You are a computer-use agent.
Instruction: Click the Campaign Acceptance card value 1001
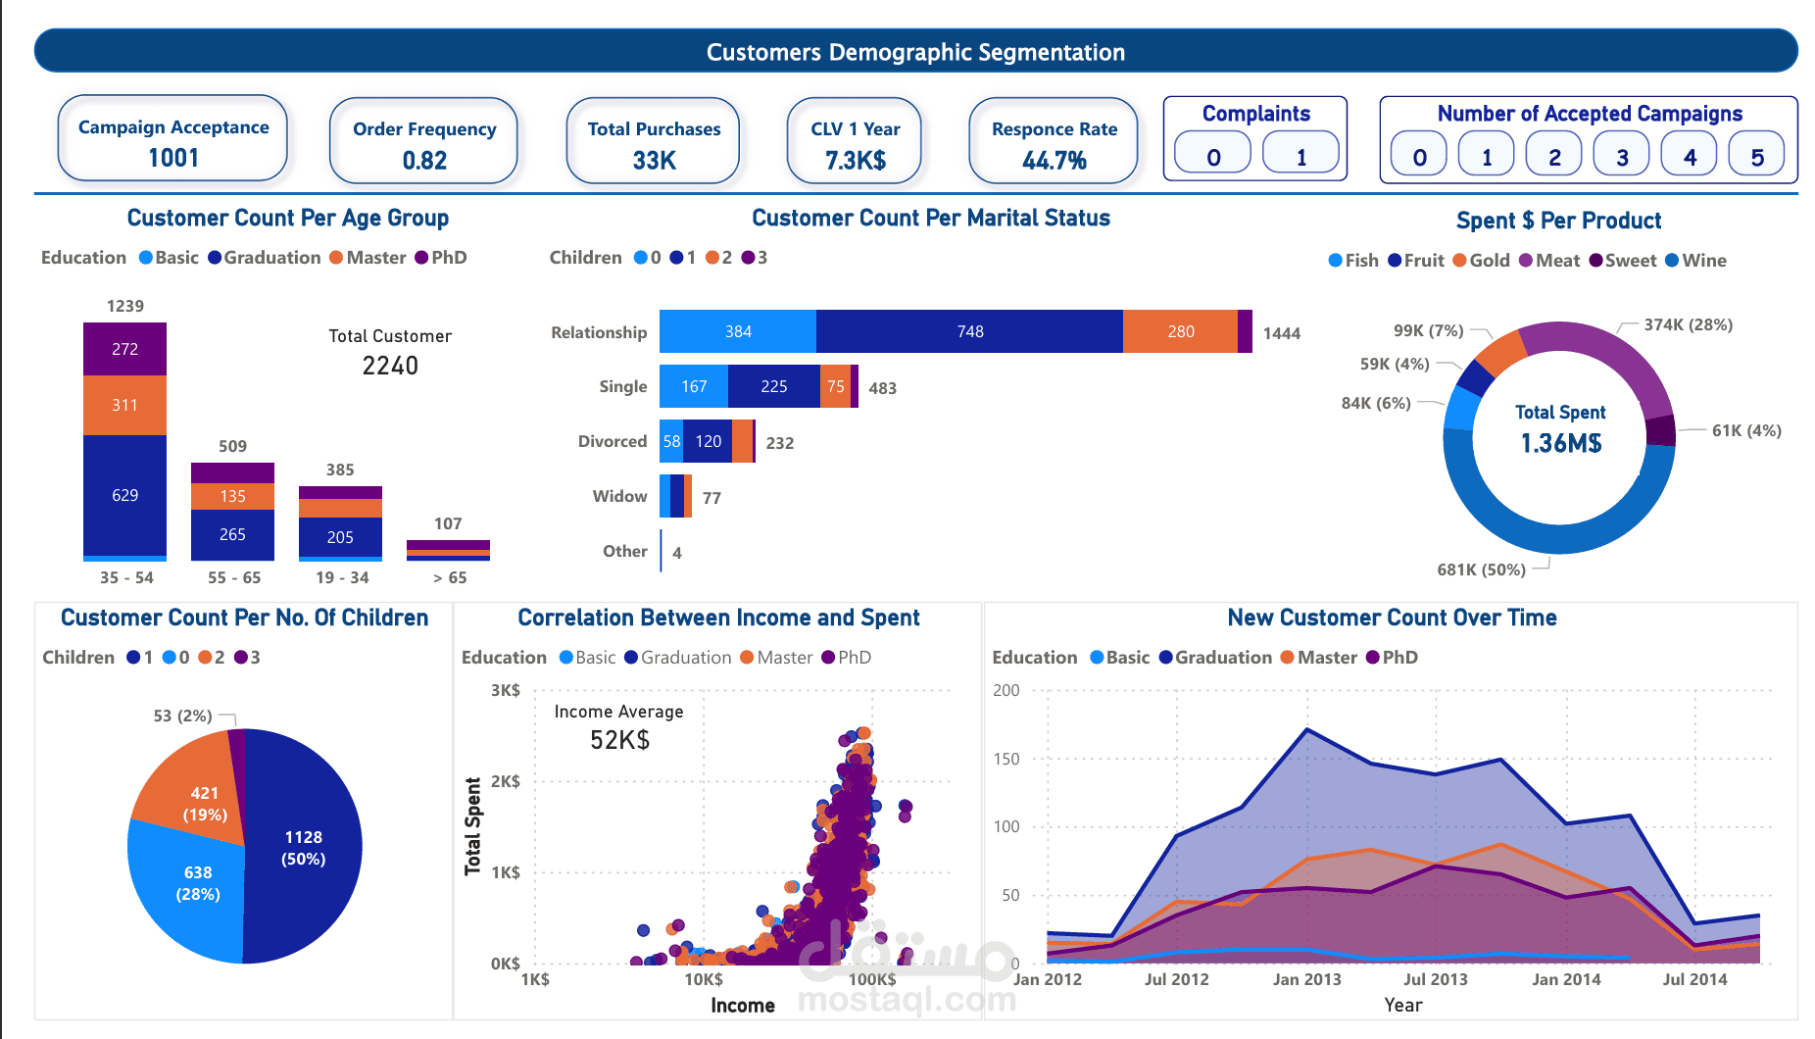click(173, 158)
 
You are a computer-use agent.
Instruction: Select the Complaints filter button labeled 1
click(1300, 156)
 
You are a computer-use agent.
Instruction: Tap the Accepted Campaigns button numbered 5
click(1756, 157)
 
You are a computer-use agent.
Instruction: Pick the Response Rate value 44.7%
click(1054, 161)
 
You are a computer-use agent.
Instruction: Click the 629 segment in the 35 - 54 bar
click(124, 495)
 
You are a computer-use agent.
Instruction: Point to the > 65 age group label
click(450, 578)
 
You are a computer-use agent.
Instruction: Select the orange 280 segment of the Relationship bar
click(1180, 332)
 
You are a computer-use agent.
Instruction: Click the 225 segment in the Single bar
click(773, 387)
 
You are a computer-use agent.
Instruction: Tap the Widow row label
click(619, 497)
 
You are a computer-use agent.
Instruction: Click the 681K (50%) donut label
click(1481, 569)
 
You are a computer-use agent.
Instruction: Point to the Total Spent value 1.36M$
click(1560, 444)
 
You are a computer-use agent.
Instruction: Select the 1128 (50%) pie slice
click(303, 848)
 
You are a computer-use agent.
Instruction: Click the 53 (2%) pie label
click(182, 717)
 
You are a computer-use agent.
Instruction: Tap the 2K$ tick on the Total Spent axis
click(505, 781)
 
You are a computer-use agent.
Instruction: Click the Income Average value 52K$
click(619, 741)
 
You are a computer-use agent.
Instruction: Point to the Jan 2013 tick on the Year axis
click(1306, 979)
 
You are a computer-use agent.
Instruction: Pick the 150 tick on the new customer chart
click(1006, 759)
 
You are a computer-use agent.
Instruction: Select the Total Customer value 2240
click(390, 367)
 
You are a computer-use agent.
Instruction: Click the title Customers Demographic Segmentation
click(915, 52)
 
